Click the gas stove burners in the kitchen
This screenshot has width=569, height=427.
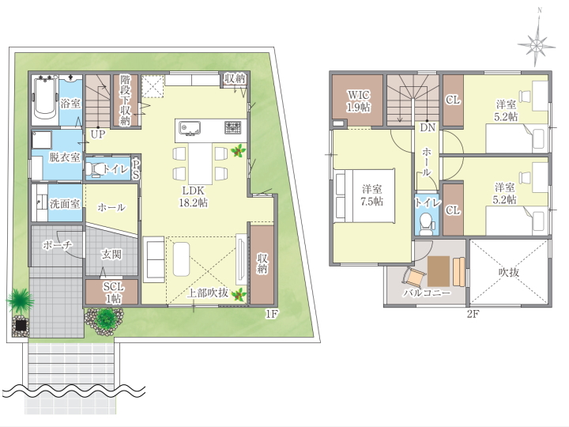(232, 127)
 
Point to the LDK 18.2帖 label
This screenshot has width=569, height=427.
(193, 196)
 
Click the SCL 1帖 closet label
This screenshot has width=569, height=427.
(113, 293)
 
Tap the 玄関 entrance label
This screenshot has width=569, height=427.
(111, 254)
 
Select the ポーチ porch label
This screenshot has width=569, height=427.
(58, 245)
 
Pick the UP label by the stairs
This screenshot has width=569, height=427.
(98, 134)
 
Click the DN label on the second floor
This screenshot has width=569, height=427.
(428, 127)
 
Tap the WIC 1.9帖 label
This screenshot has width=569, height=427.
(359, 100)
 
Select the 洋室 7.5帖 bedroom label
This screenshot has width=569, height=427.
(371, 195)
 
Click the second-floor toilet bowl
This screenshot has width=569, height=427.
(426, 223)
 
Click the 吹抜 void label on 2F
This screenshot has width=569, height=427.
(509, 272)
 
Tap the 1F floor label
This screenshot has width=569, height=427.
(271, 314)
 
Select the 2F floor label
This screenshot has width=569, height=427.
(473, 314)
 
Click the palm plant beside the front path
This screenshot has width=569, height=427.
(20, 300)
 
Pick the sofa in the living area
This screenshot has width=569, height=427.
(154, 259)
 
